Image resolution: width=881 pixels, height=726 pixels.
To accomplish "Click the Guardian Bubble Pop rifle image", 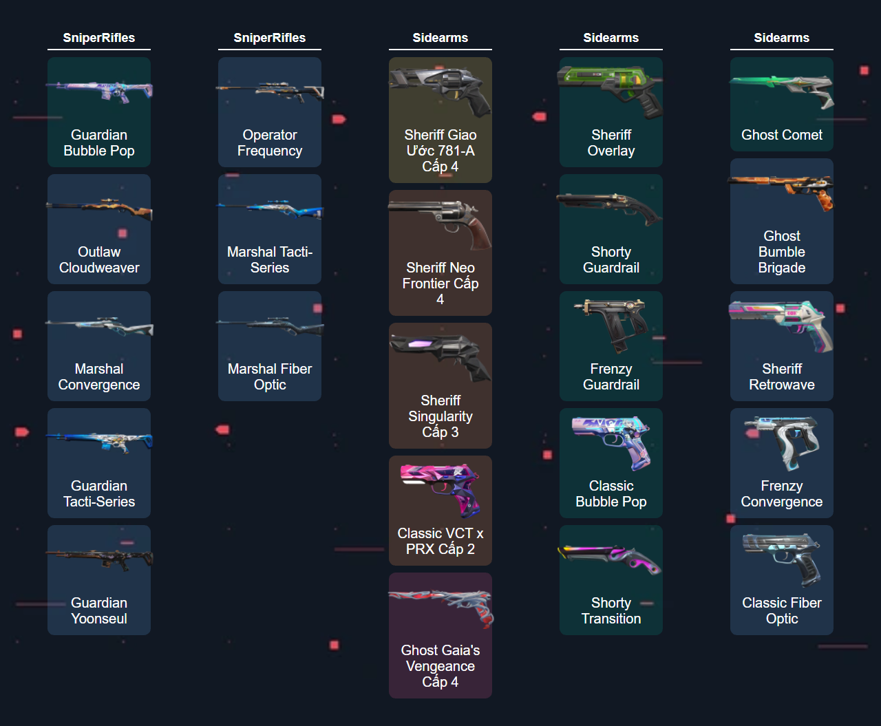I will coord(99,91).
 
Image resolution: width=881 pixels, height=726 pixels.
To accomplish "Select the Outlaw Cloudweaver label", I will coord(99,260).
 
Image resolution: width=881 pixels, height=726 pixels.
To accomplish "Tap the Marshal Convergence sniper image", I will coord(99,326).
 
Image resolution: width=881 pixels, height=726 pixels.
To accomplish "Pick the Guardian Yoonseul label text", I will coord(99,611).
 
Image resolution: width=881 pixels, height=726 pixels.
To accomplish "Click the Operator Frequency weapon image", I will coord(270,91).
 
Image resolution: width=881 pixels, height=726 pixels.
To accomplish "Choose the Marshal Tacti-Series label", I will coord(270,260).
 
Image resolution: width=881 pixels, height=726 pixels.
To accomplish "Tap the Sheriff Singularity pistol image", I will coord(440,354).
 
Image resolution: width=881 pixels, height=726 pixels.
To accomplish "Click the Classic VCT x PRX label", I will coord(440,542).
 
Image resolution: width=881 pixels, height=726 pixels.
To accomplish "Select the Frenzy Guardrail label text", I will coord(611,377).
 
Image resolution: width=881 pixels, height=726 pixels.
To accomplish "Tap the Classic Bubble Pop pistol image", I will coord(611,440).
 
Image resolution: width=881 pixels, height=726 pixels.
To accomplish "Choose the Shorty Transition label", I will coord(611,611).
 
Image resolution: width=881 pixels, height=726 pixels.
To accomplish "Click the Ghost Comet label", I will coord(782,136).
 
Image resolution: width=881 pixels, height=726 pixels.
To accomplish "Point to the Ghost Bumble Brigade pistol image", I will coord(782,190).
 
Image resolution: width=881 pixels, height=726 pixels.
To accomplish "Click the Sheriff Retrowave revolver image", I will coord(782,323).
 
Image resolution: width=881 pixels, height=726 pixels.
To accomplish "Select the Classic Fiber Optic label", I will coord(782,611).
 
